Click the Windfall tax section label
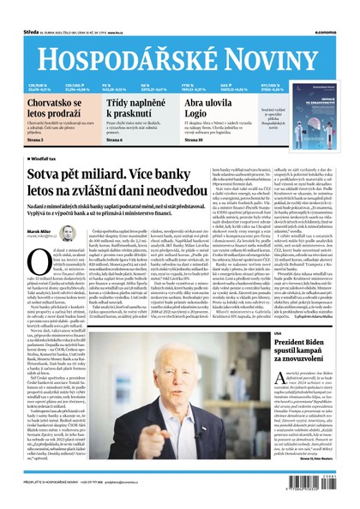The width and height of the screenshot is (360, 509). point(27,159)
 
